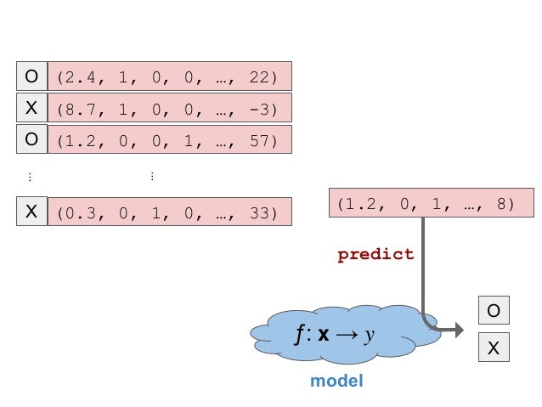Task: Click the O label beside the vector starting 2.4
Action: coord(31,76)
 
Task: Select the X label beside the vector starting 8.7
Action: coord(31,108)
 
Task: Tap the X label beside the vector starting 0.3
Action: coord(31,212)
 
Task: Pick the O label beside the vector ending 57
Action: coord(31,139)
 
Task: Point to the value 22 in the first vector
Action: coord(258,77)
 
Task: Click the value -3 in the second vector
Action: coord(258,110)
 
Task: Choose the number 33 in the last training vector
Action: coord(258,213)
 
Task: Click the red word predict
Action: coord(375,254)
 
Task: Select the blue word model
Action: coord(336,381)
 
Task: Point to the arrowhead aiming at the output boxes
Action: coord(459,331)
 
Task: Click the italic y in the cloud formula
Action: coord(370,336)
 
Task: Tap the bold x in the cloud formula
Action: coord(324,336)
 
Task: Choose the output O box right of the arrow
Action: coord(493,311)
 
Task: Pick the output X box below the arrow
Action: coord(493,348)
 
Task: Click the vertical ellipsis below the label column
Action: coord(30,176)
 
